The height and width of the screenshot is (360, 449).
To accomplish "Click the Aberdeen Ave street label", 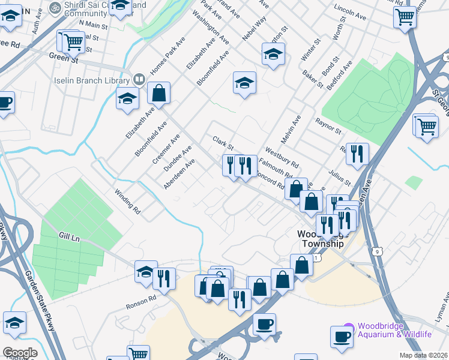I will [x=179, y=174].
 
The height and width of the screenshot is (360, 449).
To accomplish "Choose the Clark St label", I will [x=223, y=143].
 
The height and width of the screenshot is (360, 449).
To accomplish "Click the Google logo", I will [x=19, y=353].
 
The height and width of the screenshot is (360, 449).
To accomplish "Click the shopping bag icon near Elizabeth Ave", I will [x=158, y=94].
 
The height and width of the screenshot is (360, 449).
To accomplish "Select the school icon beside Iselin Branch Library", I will [x=127, y=98].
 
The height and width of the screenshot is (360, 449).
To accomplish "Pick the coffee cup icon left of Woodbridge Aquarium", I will [x=342, y=337].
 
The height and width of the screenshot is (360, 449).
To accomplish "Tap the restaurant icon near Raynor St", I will [x=357, y=154].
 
